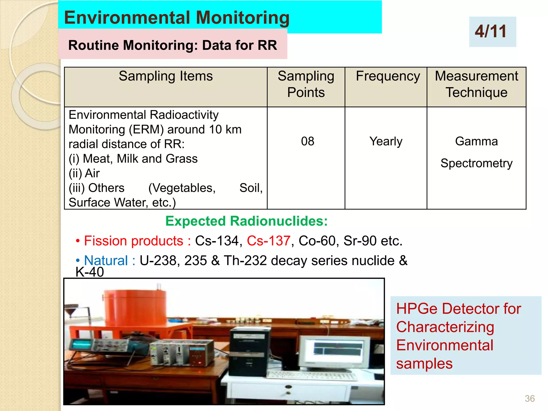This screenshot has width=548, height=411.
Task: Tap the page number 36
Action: pyautogui.click(x=530, y=398)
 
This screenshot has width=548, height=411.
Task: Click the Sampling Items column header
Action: pyautogui.click(x=166, y=76)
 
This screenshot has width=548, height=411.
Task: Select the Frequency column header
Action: pyautogui.click(x=388, y=76)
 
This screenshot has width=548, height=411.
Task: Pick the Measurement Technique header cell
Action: pyautogui.click(x=476, y=84)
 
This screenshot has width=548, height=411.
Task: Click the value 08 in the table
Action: pyautogui.click(x=307, y=141)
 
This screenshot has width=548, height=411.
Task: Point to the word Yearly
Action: pyautogui.click(x=386, y=141)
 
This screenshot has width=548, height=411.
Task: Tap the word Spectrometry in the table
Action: pyautogui.click(x=476, y=163)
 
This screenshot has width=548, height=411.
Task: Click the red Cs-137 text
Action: pyautogui.click(x=268, y=241)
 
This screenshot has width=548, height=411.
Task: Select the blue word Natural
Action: pyautogui.click(x=106, y=261)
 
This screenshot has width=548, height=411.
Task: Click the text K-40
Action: pyautogui.click(x=90, y=272)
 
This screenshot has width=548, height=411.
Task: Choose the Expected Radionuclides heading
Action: pyautogui.click(x=246, y=221)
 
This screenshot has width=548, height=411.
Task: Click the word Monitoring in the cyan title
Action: pyautogui.click(x=243, y=18)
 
